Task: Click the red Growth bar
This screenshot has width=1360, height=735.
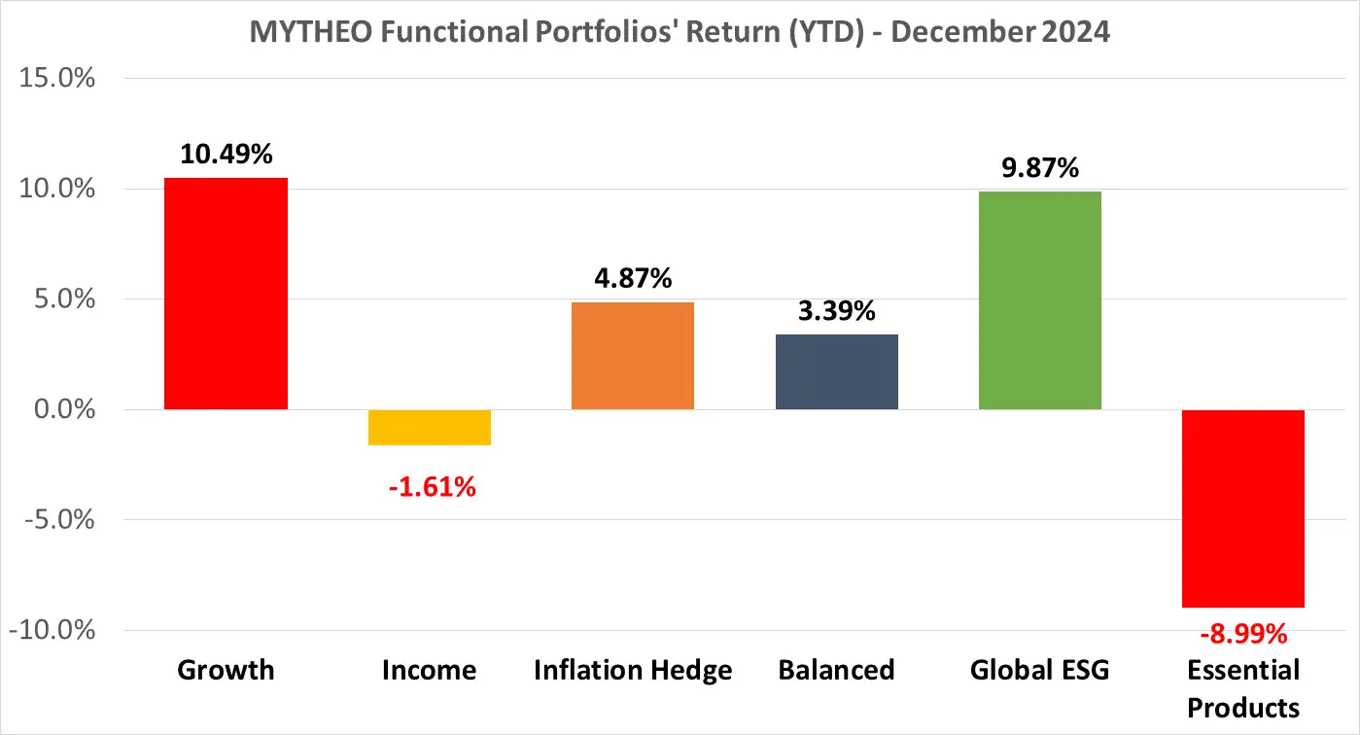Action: pos(226,294)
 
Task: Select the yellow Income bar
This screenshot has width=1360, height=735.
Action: pos(430,427)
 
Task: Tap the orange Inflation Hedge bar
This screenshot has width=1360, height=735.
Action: pos(632,356)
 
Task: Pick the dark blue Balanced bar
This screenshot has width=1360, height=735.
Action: pos(836,371)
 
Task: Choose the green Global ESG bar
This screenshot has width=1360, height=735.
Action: pos(1039,300)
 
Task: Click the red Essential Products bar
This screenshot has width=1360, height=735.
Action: pos(1242,508)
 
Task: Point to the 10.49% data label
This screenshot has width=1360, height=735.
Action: pos(226,154)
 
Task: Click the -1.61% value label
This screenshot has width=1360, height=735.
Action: pos(432,486)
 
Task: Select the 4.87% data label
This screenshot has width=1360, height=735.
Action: pos(632,279)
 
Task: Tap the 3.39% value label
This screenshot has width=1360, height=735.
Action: pos(836,311)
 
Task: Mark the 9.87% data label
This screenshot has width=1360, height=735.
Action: pos(1039,168)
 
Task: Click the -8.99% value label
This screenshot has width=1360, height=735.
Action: pos(1242,635)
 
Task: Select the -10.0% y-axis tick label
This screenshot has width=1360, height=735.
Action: pos(52,630)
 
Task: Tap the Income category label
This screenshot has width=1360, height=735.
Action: pos(430,670)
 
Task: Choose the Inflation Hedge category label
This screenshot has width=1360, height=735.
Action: pos(632,670)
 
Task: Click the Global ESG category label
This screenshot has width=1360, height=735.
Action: pos(1039,670)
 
